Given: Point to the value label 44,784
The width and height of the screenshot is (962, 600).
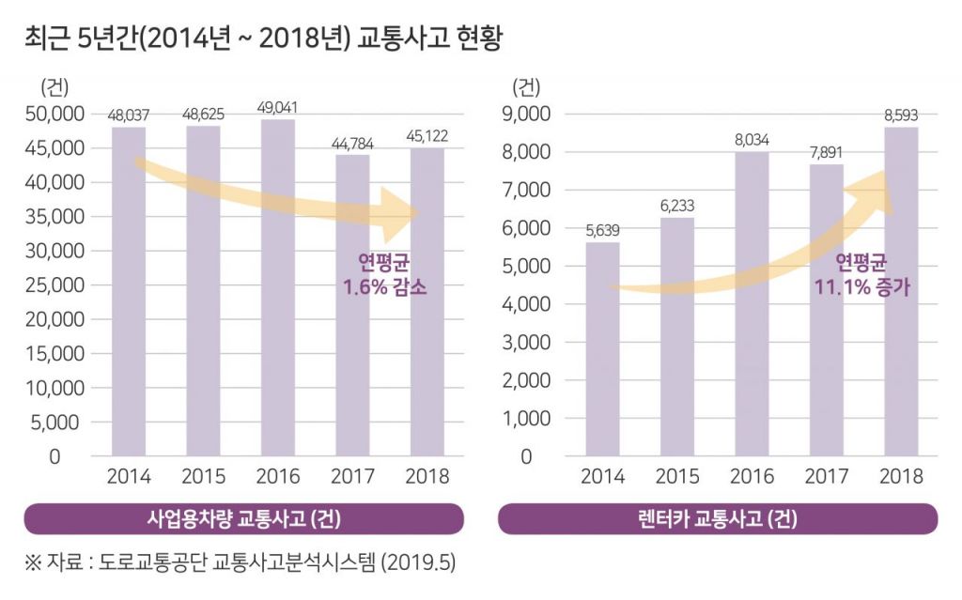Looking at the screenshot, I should pos(352,144).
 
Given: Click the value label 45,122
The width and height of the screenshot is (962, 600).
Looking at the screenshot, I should pos(427,137).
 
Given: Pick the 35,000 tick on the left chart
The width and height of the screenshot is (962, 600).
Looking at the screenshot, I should pos(54,217).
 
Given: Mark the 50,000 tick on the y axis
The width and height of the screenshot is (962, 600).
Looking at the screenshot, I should pos(54,115).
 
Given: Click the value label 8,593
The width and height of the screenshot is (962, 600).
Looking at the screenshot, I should pos(900,115).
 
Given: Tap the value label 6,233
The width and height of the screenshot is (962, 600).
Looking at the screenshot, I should pos(676,206).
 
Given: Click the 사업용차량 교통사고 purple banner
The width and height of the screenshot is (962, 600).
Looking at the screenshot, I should pos(243,518).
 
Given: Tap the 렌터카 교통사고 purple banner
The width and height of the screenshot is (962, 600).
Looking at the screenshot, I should pos(717,518).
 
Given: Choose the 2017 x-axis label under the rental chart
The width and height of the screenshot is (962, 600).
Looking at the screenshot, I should pos(826,475).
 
